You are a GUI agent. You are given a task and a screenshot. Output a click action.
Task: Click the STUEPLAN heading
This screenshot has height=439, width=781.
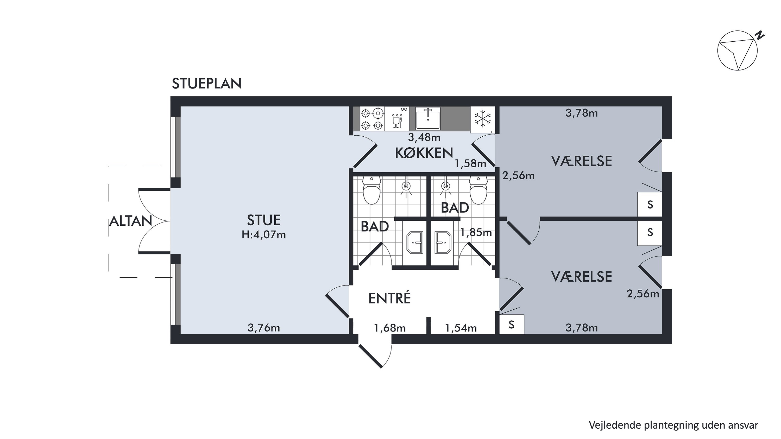206,84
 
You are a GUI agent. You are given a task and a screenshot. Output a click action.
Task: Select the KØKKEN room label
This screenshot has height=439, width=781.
424,153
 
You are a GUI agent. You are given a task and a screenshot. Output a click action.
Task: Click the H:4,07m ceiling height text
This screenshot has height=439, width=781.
263,235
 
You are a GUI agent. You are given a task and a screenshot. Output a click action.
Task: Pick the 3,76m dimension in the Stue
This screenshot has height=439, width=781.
263,328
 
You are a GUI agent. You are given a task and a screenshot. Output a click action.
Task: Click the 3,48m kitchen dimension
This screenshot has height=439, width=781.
424,138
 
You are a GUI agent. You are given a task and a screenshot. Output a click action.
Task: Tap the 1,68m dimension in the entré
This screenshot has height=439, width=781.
390,328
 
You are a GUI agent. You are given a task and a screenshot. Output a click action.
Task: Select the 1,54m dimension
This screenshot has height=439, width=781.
461,328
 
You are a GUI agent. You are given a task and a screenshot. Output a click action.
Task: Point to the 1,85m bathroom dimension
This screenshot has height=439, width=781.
476,232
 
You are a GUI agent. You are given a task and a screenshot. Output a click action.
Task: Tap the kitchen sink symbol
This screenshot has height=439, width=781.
428,118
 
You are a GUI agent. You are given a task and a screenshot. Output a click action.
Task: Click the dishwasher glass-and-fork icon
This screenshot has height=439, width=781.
396,119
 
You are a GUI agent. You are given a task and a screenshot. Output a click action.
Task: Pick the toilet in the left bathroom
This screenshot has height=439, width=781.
371,190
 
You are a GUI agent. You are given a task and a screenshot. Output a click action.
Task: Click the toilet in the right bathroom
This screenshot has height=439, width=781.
478,190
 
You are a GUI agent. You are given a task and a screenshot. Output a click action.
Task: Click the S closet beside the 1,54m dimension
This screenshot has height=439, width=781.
512,325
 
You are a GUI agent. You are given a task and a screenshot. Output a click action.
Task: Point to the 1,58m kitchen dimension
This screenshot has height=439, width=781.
470,164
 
